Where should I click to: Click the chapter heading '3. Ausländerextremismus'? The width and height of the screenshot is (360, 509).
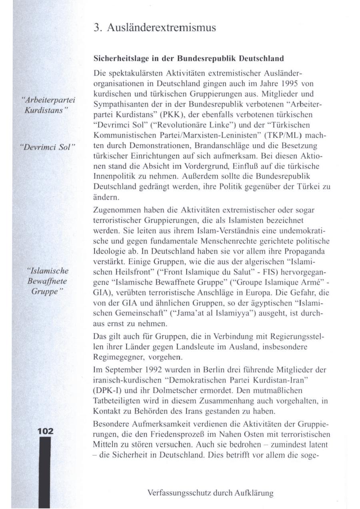[x=154, y=28]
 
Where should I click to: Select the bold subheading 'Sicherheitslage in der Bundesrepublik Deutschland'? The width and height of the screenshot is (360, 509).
[x=188, y=58]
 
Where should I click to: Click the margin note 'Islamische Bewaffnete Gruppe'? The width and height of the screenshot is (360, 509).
[x=47, y=281]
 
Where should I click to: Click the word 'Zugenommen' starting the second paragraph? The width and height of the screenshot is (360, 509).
[x=112, y=210]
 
